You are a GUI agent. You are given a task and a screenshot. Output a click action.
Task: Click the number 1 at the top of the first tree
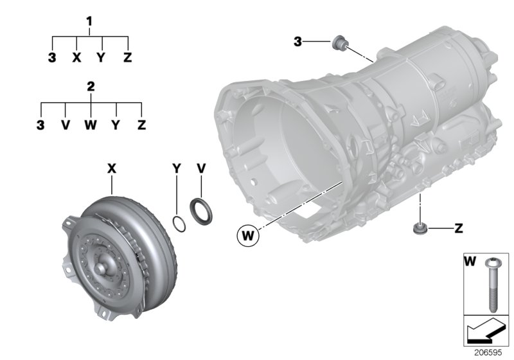click(90, 21)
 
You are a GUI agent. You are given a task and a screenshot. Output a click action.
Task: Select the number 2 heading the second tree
click(91, 85)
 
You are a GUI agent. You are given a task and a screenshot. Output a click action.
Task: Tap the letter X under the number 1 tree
click(76, 58)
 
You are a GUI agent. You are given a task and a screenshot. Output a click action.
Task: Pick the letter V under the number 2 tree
click(65, 124)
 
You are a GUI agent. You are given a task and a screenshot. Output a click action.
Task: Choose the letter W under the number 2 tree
click(91, 124)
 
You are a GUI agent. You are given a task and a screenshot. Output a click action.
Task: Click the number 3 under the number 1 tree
click(51, 58)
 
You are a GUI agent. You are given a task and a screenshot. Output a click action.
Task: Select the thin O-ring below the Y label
click(180, 222)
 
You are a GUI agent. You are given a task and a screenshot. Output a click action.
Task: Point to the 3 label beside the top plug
click(297, 42)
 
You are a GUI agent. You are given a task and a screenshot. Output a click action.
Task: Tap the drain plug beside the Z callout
click(419, 228)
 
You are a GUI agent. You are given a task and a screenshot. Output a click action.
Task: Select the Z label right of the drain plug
click(457, 228)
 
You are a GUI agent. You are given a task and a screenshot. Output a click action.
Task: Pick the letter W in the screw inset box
click(469, 262)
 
